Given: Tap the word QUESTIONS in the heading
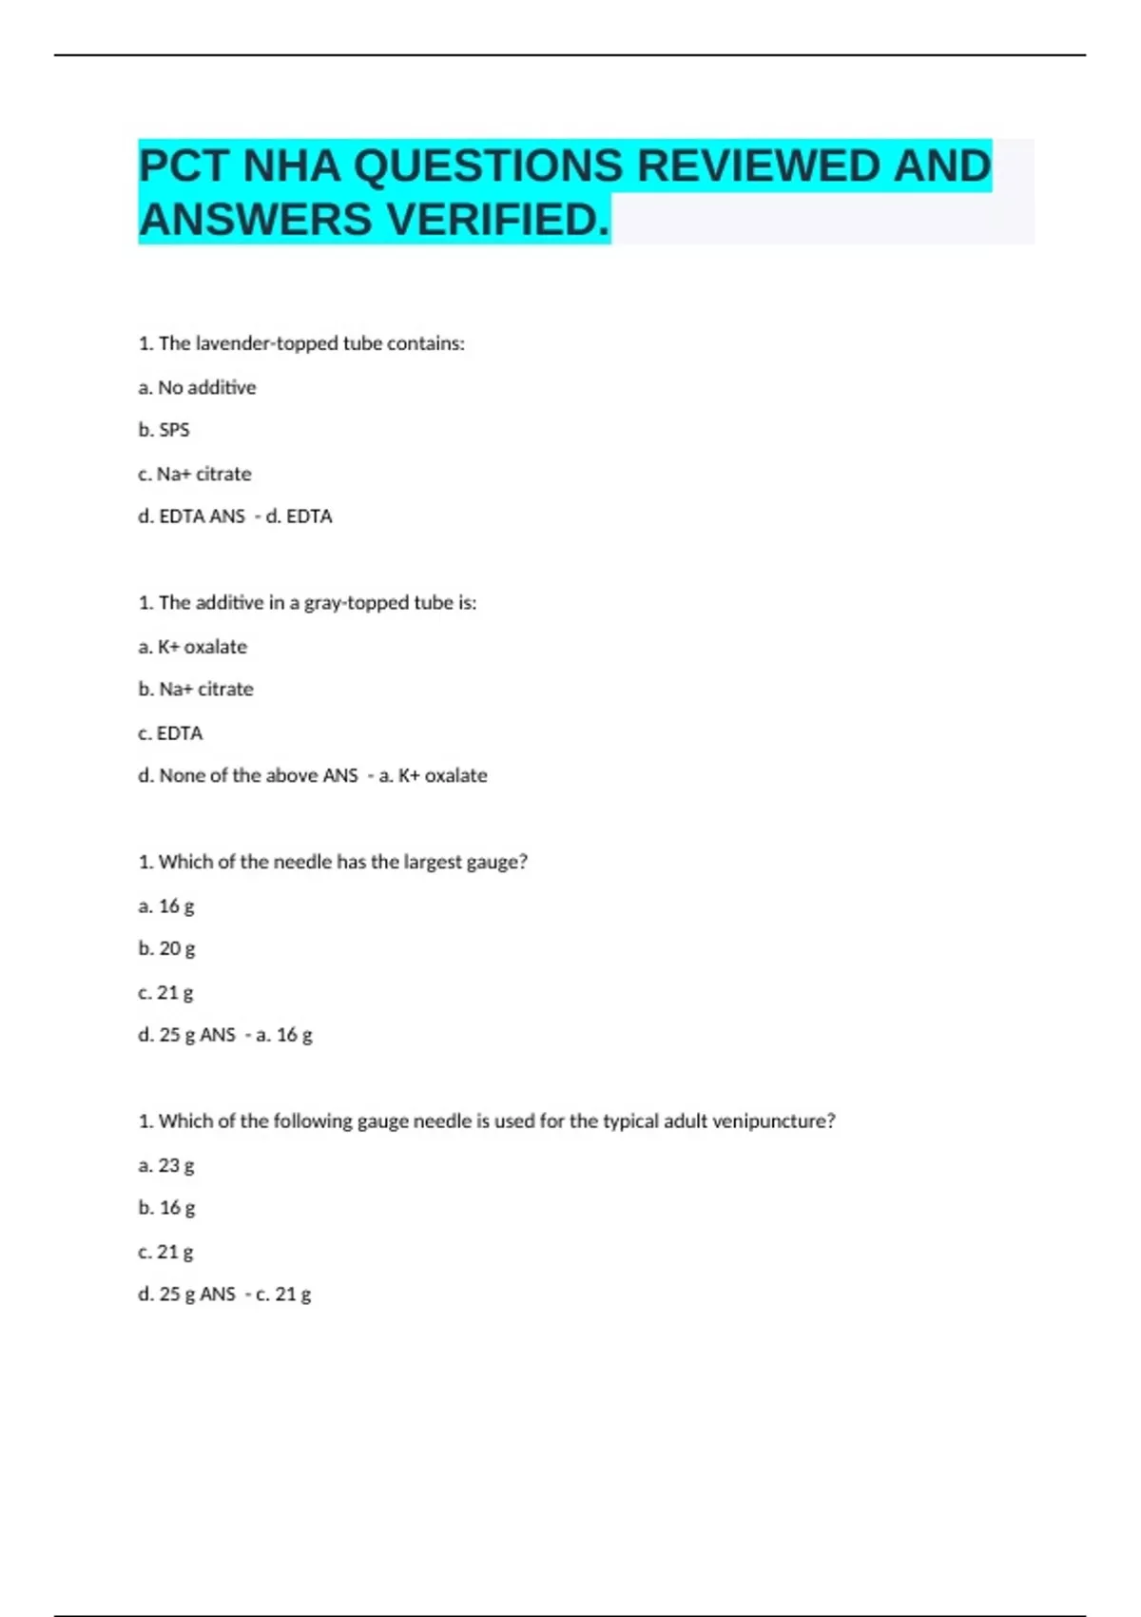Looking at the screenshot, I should point(488,166).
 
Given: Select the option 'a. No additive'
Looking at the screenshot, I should point(197,387).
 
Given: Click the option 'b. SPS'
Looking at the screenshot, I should point(164,430).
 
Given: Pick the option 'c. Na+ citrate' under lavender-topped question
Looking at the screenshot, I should point(195,474).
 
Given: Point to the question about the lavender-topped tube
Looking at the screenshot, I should point(301,343).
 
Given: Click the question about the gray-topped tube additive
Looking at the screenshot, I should point(307,602).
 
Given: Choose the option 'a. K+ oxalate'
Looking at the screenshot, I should point(192,647).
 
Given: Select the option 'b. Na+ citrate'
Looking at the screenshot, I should point(196,689).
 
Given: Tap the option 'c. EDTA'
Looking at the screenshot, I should point(170,733).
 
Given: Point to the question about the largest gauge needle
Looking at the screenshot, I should point(333,862).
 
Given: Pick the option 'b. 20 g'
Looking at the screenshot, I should point(166,948).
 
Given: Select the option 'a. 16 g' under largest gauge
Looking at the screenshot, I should point(166,906).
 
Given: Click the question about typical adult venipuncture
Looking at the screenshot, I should point(487,1120).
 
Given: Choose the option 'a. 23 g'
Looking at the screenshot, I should point(166,1165).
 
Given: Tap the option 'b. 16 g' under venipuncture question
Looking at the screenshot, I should point(166,1208).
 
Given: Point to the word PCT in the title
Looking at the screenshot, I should point(184,166).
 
